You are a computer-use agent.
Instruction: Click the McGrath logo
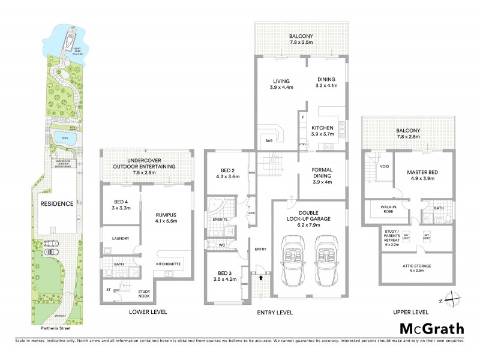point(431,328)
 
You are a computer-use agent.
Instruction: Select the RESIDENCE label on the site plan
point(56,203)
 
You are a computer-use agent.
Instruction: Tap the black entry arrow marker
point(261,278)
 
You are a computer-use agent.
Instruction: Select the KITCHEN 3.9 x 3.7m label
point(322,131)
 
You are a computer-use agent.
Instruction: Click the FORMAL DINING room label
point(322,173)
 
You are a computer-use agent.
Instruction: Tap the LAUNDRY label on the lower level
point(120,238)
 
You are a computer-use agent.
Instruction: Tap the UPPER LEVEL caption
point(410,312)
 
